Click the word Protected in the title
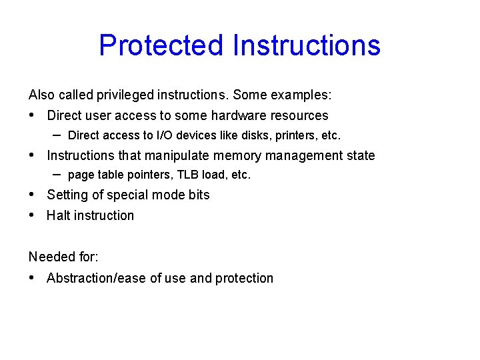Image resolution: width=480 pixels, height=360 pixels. click(x=160, y=45)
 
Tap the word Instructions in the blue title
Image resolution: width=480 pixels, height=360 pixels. click(x=306, y=45)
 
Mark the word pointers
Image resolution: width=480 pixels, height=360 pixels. click(x=150, y=175)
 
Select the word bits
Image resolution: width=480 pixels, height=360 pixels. click(x=198, y=195)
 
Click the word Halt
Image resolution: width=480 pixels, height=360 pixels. click(x=58, y=215)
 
